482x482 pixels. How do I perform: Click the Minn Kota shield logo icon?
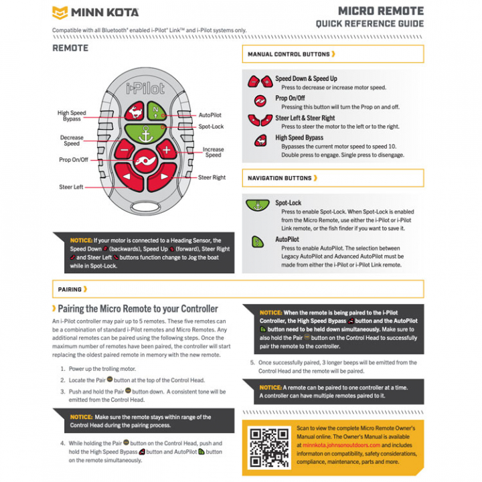tap(60, 13)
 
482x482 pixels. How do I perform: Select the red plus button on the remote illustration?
tap(166, 150)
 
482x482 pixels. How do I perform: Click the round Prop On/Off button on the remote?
tap(145, 161)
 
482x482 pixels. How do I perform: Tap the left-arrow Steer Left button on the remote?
tap(129, 177)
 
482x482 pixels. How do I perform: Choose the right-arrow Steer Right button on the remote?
tap(162, 177)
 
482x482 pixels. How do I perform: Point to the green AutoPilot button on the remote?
tap(157, 111)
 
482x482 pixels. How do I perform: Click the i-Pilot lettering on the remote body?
tap(145, 88)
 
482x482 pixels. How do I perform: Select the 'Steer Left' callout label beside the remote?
tap(71, 187)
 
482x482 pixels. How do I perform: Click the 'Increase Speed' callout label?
tap(213, 152)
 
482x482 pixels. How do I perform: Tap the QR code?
tap(269, 448)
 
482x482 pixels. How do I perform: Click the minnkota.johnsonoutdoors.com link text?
tap(341, 445)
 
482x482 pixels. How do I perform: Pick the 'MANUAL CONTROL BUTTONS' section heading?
tap(289, 54)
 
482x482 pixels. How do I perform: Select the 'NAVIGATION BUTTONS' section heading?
tap(279, 178)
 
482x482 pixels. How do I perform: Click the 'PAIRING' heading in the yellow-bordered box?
tap(70, 290)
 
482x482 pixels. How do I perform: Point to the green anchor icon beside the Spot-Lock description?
tap(258, 205)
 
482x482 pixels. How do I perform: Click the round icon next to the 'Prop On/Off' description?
tap(260, 101)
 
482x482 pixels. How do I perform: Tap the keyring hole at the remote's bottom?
tap(146, 207)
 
